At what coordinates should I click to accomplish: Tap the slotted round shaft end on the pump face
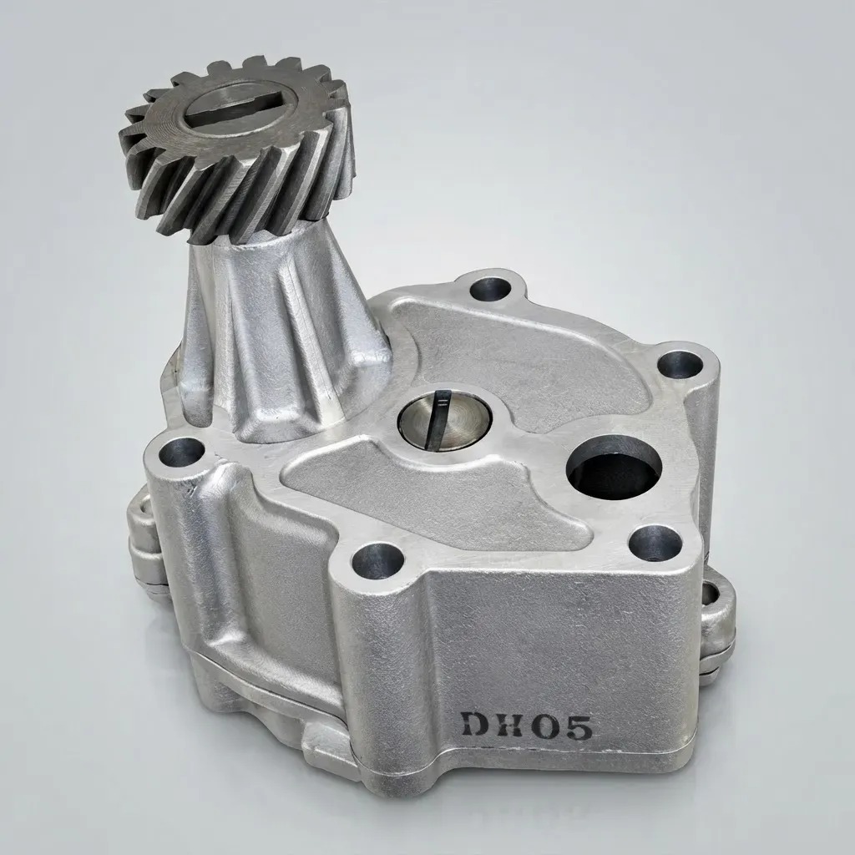pos(444,420)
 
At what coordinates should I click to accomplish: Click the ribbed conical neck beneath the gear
pos(284,332)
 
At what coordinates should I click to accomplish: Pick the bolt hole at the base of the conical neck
pos(181,452)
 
